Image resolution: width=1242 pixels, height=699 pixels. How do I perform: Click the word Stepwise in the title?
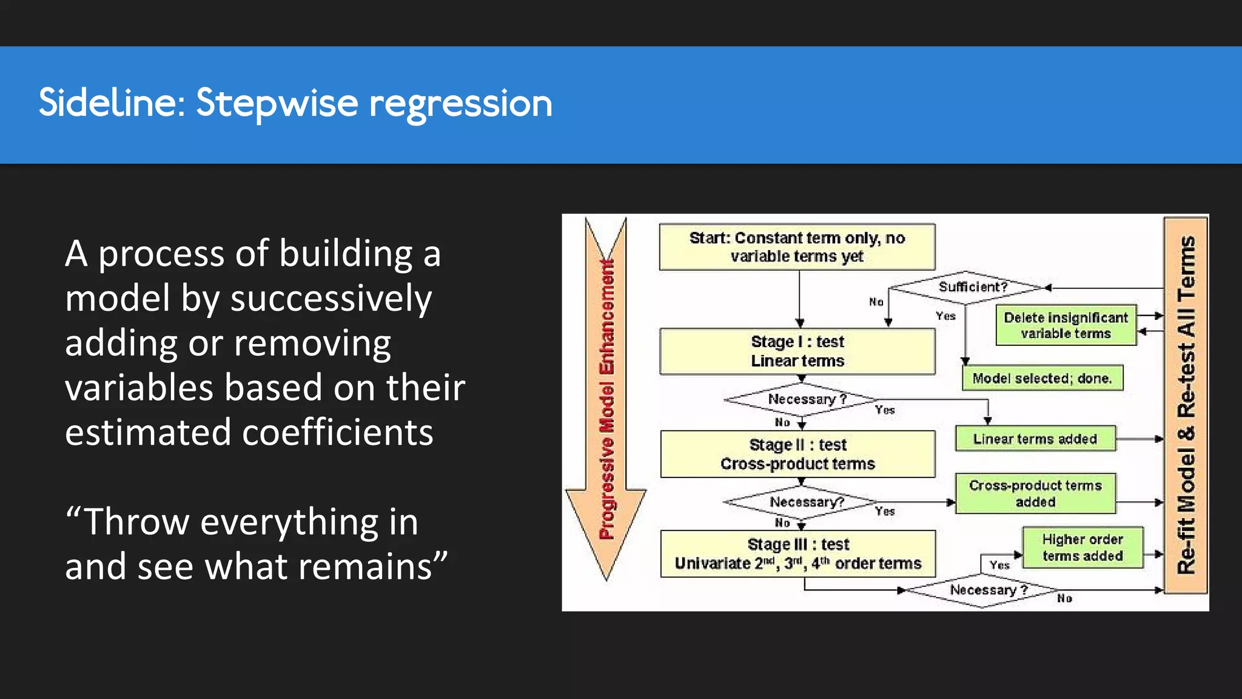[x=277, y=103]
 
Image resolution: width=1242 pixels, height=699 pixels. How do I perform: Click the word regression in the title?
[x=460, y=104]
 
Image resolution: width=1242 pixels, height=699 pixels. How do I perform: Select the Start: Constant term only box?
[x=796, y=247]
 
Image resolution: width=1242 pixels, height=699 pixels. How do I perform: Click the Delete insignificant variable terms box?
[x=1066, y=326]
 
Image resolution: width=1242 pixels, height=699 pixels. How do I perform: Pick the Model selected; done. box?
[x=1042, y=378]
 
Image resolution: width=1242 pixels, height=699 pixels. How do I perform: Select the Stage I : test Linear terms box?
[x=797, y=351]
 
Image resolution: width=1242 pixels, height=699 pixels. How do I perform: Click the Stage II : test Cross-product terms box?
[x=797, y=454]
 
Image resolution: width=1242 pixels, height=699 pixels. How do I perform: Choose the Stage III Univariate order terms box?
[x=797, y=553]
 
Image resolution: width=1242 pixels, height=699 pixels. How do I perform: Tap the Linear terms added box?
[x=1035, y=439]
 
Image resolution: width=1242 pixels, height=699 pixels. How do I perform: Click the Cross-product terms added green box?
[x=1035, y=493]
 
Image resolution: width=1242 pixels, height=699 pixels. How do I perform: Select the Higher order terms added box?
[x=1082, y=547]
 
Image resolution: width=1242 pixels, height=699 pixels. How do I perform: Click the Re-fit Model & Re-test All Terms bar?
[x=1186, y=405]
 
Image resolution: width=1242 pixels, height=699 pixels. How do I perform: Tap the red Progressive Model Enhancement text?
[x=606, y=400]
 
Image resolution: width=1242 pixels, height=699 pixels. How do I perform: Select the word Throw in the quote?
[x=136, y=522]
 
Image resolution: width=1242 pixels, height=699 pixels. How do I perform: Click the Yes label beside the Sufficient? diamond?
[x=945, y=316]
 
